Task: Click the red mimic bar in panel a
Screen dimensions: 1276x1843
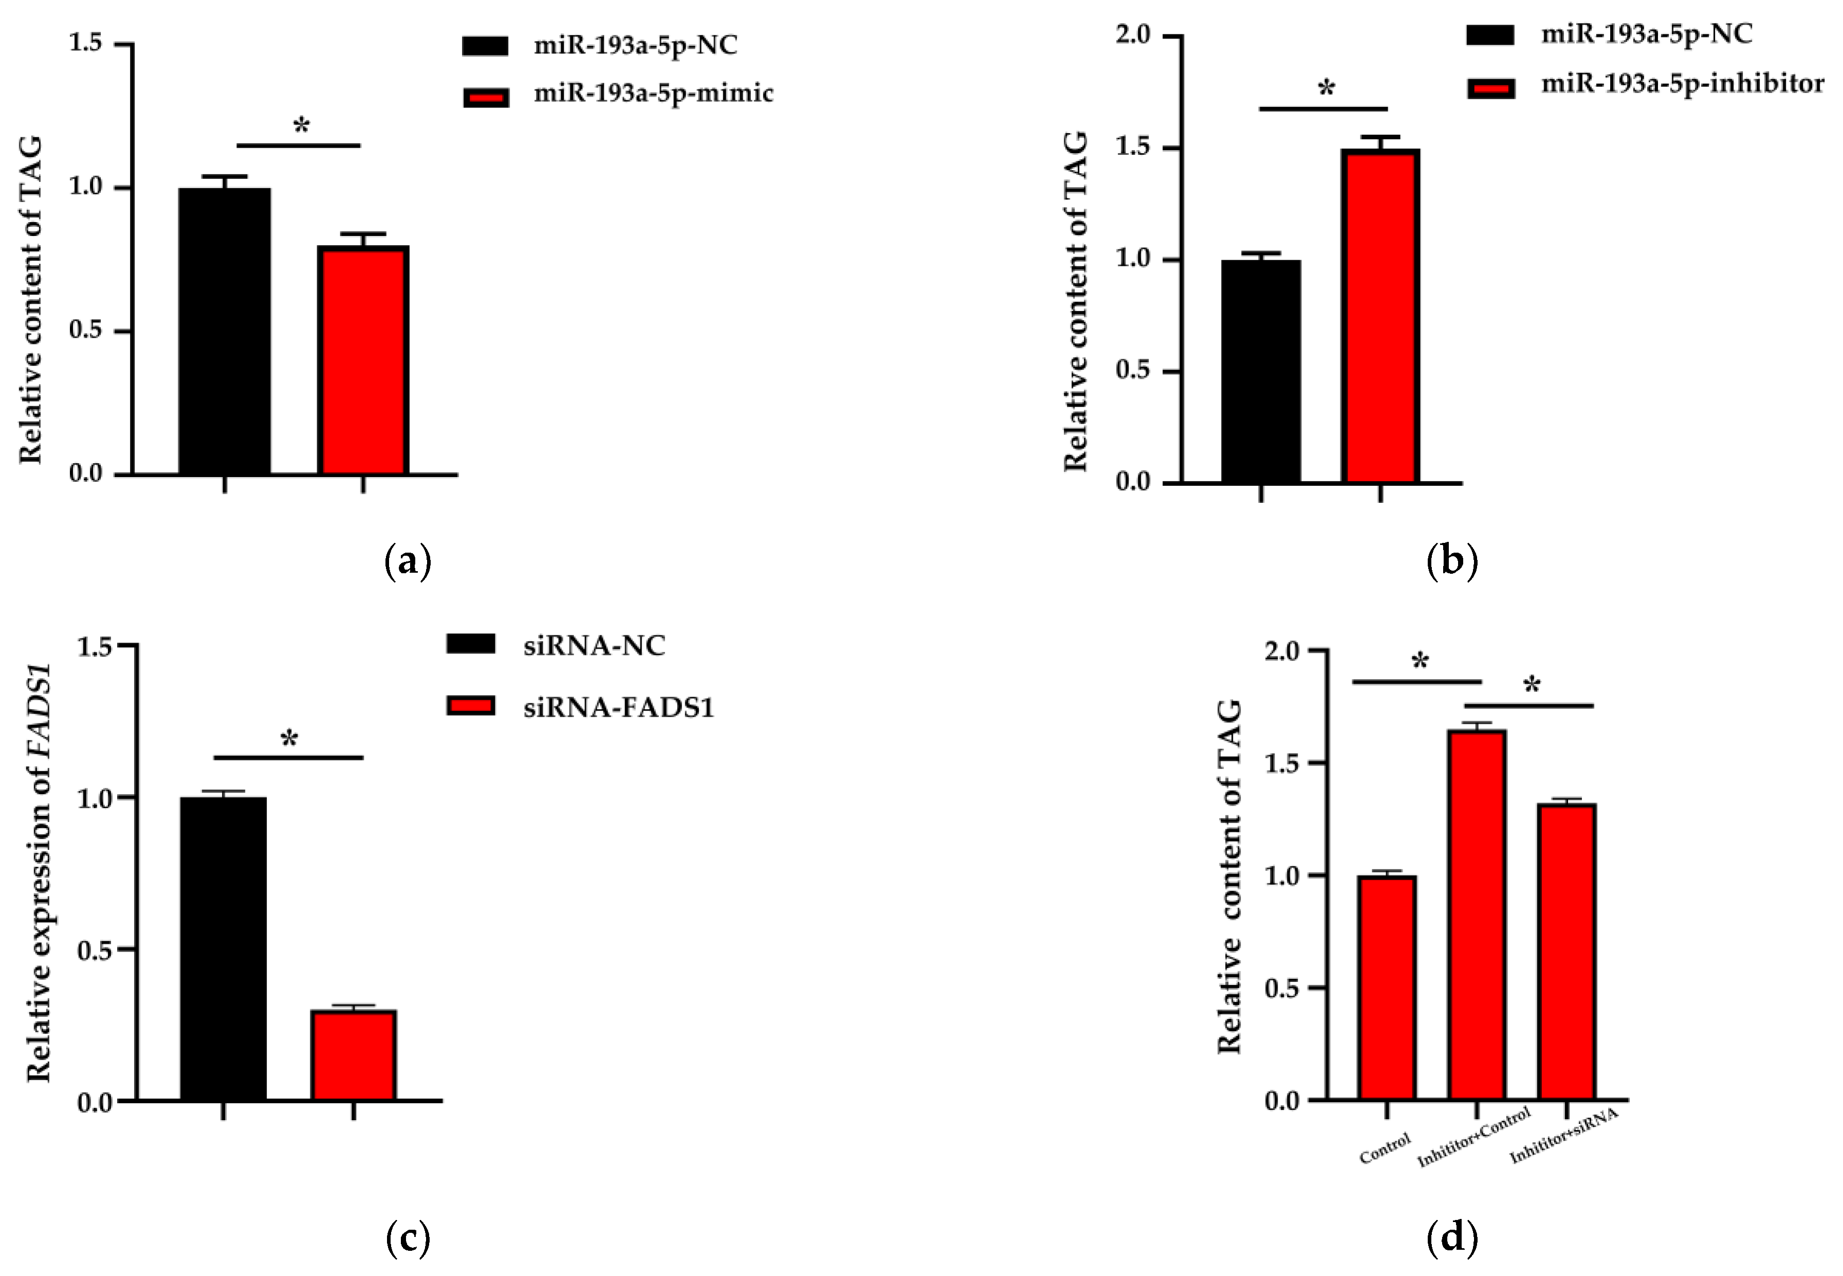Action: click(x=364, y=360)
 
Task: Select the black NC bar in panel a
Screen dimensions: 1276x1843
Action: click(x=225, y=332)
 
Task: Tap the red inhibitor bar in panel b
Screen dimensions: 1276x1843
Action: click(x=1380, y=316)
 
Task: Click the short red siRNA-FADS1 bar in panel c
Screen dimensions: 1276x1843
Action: click(x=353, y=1055)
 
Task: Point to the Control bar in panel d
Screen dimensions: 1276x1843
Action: click(x=1387, y=988)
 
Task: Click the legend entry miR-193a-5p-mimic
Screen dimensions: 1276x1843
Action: click(x=653, y=94)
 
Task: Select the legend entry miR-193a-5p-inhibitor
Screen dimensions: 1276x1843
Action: click(x=1682, y=83)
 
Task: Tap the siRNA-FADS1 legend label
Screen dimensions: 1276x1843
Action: click(x=618, y=707)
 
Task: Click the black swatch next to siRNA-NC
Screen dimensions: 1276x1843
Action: click(x=471, y=644)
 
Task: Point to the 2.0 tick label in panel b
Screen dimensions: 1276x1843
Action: click(x=1133, y=35)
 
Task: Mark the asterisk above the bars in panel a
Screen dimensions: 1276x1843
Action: click(x=301, y=125)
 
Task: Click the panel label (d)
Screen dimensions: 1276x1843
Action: click(x=1451, y=1237)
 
